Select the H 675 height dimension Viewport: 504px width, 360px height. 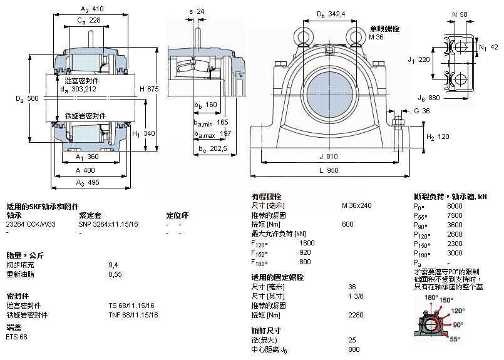click(149, 89)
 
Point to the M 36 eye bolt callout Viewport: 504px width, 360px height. click(376, 38)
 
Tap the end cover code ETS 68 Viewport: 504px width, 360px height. click(16, 336)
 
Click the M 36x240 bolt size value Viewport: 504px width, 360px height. click(357, 205)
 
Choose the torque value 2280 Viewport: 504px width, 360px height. click(348, 314)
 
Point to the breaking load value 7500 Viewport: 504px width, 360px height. click(455, 215)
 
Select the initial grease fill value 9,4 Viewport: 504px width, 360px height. click(113, 265)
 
